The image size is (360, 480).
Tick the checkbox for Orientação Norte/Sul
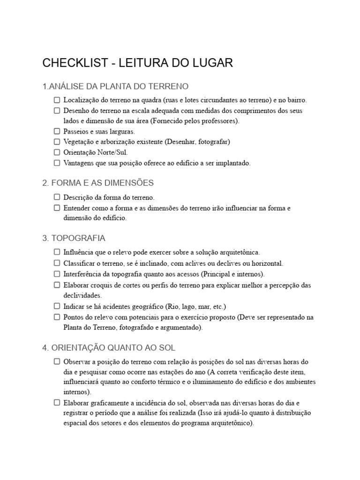(x=57, y=152)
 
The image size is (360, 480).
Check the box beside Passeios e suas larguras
(x=57, y=131)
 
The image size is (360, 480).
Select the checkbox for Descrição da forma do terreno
(x=57, y=197)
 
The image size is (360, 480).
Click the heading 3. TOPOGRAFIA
(x=74, y=238)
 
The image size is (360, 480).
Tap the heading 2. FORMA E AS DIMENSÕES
(x=98, y=183)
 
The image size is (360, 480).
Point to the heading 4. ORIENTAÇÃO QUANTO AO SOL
(x=109, y=348)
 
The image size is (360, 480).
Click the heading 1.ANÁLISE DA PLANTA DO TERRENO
(x=115, y=87)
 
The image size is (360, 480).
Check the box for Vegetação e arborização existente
(x=57, y=142)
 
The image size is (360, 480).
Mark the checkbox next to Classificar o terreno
(x=57, y=263)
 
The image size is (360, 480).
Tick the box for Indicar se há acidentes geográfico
(x=57, y=306)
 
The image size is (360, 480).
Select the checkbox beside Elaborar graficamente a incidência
(x=57, y=402)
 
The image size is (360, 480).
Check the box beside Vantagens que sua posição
(x=57, y=163)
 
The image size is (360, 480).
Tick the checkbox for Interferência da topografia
(x=57, y=274)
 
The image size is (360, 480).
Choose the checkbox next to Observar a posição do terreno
(x=57, y=361)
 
